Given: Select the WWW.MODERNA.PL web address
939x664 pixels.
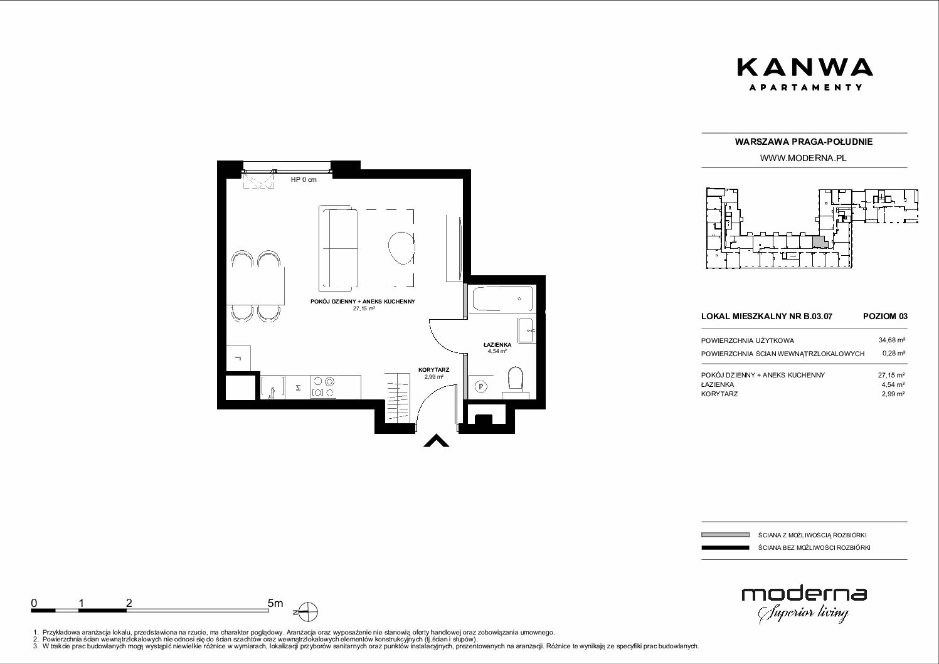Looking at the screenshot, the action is pos(803,158).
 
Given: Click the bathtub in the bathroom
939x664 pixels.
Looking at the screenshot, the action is pos(502,298).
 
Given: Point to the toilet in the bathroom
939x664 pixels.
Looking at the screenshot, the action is pos(515,381).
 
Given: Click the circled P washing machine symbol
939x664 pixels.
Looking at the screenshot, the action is pos(482,387).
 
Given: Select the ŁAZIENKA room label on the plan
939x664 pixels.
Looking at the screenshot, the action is pos(497,345).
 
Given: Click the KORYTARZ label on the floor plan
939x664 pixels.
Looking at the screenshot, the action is pos(434,370).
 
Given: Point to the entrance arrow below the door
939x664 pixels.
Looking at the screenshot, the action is pos(437,441).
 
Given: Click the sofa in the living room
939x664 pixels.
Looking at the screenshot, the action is pos(339,248).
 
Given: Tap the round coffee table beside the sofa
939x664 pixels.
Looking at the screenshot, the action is pos(401,248).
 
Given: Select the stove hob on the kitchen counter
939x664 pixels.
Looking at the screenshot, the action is pos(323,387).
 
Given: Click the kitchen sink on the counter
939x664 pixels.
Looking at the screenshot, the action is pos(272,387).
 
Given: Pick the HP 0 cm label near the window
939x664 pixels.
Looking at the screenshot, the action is pos(304,180).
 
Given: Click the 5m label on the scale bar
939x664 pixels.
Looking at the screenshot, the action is pos(275,603).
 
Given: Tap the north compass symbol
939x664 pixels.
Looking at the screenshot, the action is pos(307,612).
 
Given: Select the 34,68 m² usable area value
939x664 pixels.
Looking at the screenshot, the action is pos(891,340).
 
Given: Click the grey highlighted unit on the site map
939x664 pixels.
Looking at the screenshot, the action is pos(819,242).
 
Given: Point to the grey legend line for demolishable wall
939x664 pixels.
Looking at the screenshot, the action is pos(725,535).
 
